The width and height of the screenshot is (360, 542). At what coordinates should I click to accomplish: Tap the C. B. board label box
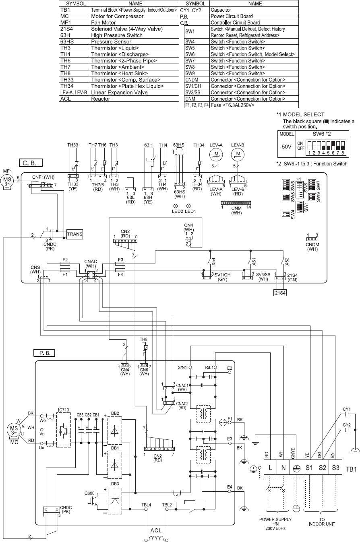click(x=30, y=163)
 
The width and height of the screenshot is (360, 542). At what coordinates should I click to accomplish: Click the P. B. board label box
click(x=44, y=353)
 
